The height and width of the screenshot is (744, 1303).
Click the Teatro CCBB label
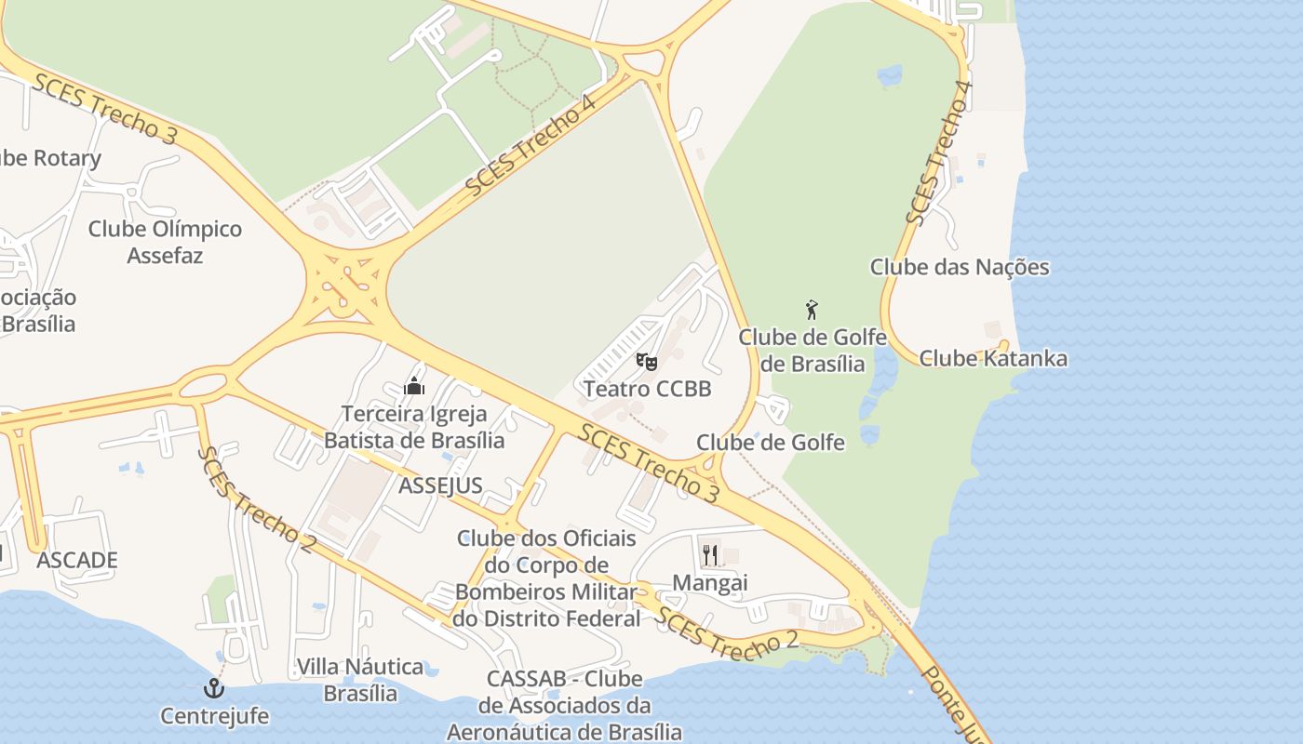pyautogui.click(x=647, y=389)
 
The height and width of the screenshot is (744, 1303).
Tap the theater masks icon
pyautogui.click(x=647, y=361)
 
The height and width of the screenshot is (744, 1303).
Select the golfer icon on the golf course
pyautogui.click(x=812, y=310)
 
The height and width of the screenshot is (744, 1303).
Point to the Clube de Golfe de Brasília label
pyautogui.click(x=813, y=350)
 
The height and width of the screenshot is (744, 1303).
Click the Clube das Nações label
pyautogui.click(x=959, y=268)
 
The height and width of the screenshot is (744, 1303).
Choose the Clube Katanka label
pyautogui.click(x=993, y=359)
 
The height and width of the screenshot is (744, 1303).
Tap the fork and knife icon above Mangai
pyautogui.click(x=710, y=555)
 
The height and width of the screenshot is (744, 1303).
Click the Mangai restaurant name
pyautogui.click(x=710, y=583)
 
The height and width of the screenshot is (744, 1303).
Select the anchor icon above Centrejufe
pyautogui.click(x=215, y=689)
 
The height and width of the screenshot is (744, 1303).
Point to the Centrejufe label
pyautogui.click(x=215, y=716)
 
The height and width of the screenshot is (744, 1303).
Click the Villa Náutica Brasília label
pyautogui.click(x=360, y=680)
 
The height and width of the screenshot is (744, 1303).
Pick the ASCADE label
pyautogui.click(x=77, y=560)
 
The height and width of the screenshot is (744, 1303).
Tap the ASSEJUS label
pyautogui.click(x=440, y=485)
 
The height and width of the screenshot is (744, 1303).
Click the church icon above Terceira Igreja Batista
pyautogui.click(x=414, y=386)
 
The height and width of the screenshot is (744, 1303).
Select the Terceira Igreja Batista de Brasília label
pyautogui.click(x=414, y=427)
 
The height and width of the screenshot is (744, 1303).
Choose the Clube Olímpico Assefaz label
pyautogui.click(x=165, y=242)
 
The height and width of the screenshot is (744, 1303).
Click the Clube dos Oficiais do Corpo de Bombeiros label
pyautogui.click(x=547, y=578)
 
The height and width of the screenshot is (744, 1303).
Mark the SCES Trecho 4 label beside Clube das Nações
pyautogui.click(x=939, y=153)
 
